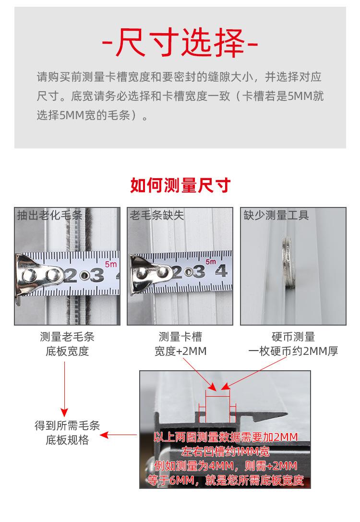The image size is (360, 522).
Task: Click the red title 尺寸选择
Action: coord(180,43)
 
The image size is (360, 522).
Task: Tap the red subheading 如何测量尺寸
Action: coord(180,185)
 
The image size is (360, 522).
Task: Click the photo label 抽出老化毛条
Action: coord(49,215)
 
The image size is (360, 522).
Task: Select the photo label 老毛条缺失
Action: coord(156,215)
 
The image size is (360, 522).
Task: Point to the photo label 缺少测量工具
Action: coord(276,215)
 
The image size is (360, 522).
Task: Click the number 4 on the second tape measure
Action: coord(221,271)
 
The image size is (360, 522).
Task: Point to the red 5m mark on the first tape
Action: coord(110,264)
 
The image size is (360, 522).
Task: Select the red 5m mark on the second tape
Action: coord(211,262)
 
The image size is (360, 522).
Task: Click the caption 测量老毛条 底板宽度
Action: coord(67,344)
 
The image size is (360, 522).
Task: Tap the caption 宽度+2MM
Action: coord(180,351)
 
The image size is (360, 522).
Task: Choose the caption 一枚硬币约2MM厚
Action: coord(293,351)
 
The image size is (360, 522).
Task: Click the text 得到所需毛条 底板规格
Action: coord(67,433)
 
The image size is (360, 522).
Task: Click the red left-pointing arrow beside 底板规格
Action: coord(119,435)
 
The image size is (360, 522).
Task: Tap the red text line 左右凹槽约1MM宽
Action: coord(225,452)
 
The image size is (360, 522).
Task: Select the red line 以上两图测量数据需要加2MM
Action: coord(226,437)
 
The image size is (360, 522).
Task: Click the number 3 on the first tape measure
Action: coord(97,275)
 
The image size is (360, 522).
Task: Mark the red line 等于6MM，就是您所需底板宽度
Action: coord(226,480)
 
